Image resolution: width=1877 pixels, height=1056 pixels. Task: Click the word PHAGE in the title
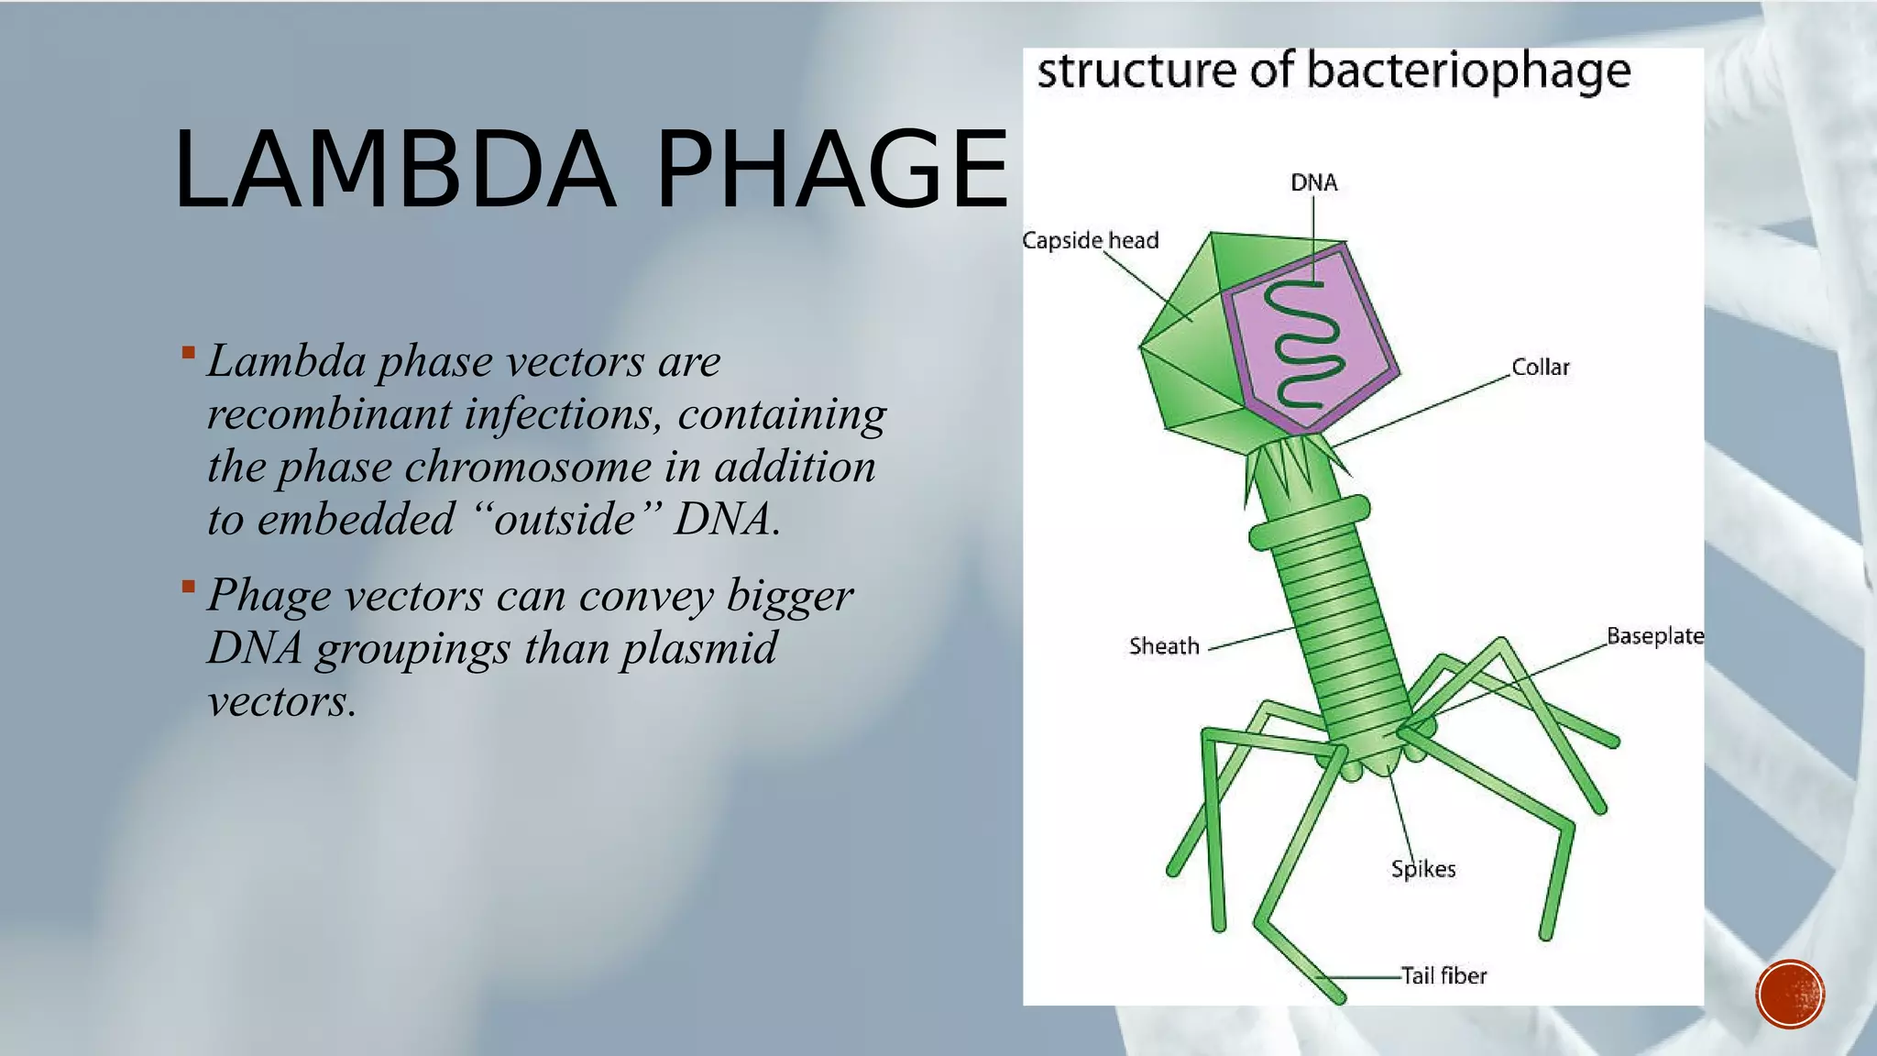coord(832,170)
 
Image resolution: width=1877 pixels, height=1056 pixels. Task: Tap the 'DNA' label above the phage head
coord(1313,182)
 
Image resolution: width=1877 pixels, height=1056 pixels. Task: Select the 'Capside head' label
coord(1090,240)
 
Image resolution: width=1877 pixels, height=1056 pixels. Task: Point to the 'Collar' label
coord(1540,368)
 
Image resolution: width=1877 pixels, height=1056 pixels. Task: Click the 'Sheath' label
coord(1163,646)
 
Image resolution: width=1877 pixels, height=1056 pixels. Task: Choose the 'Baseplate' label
coord(1654,636)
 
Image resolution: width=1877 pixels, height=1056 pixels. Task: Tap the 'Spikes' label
coord(1422,869)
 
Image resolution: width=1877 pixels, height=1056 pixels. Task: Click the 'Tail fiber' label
coord(1443,975)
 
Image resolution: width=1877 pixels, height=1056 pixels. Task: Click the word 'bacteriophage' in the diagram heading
coord(1468,71)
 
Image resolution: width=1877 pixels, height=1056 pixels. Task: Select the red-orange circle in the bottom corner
coord(1790,995)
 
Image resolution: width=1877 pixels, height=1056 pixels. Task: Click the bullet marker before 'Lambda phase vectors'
coord(188,352)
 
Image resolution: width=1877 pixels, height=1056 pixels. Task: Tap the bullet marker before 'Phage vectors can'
coord(188,586)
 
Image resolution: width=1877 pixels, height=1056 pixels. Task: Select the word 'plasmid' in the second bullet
coord(698,648)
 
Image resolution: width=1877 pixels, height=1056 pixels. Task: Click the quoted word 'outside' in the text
coord(565,519)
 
